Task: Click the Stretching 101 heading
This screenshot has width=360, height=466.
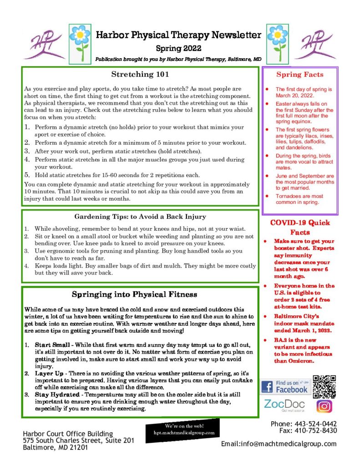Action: tap(140, 74)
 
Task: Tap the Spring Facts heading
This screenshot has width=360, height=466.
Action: tap(300, 75)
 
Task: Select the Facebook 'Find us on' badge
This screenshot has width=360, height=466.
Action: tap(285, 387)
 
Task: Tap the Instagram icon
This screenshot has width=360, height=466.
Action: tap(324, 406)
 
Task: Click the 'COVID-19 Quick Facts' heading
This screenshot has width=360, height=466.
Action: tap(300, 227)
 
